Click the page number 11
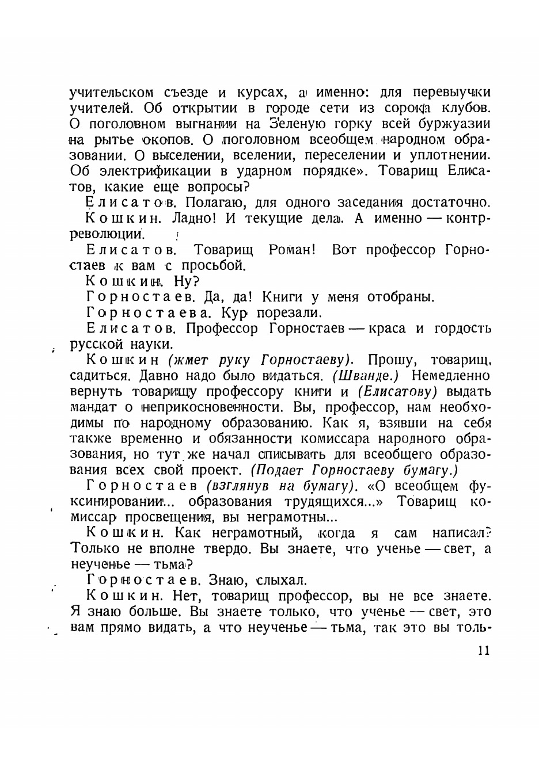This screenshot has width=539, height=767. click(483, 651)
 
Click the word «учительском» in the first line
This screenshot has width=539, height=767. click(112, 93)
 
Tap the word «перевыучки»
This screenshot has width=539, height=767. click(449, 93)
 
